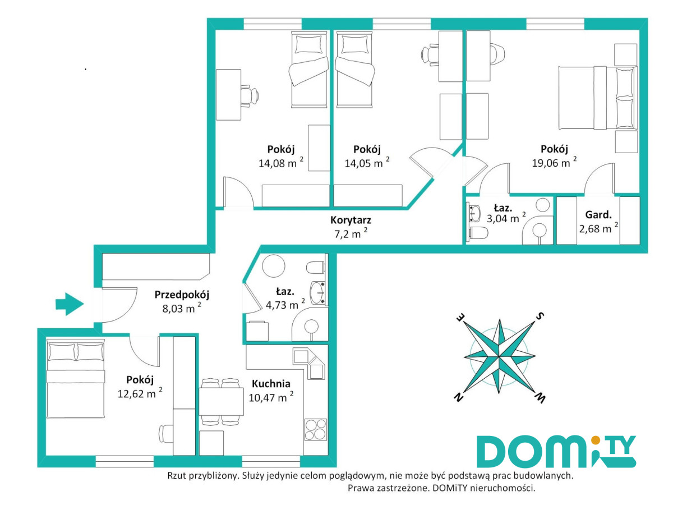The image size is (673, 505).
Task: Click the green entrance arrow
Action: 70,304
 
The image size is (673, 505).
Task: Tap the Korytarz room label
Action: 351,220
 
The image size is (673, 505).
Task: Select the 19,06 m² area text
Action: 554,162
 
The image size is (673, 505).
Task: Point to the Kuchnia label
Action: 271,384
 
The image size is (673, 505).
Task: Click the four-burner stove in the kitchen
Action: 316,429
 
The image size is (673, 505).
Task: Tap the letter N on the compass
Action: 458,398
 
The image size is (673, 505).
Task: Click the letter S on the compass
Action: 540,316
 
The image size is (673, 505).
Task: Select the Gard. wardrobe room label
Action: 598,215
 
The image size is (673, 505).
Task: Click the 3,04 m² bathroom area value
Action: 506,218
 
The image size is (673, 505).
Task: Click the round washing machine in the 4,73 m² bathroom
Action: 274,266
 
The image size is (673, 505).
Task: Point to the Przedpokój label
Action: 182,295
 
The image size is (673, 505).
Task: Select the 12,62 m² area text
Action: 140,393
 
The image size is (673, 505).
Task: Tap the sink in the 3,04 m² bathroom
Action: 474,213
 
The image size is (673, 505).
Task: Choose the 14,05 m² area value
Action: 367,163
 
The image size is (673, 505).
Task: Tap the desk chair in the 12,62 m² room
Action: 166,433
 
